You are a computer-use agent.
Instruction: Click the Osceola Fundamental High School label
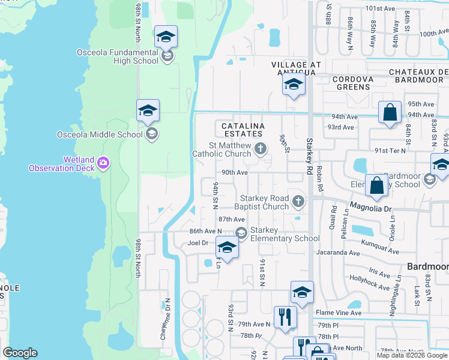click(117, 56)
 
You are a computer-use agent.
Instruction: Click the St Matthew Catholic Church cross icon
click(260, 148)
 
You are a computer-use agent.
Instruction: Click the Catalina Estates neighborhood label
click(244, 130)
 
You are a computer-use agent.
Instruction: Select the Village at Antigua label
click(296, 68)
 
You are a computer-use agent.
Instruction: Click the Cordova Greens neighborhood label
click(353, 83)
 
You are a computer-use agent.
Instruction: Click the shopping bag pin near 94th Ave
click(390, 112)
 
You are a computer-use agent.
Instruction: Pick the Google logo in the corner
click(20, 353)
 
